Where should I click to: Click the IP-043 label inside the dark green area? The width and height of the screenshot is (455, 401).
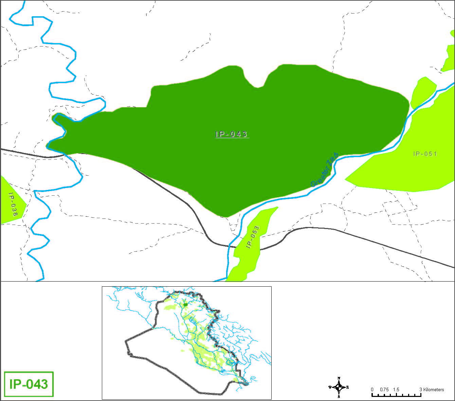point(231,134)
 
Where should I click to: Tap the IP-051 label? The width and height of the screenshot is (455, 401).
point(425,154)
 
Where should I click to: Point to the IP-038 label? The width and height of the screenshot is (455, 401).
point(12,204)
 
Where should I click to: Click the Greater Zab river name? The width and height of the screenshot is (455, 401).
point(325,170)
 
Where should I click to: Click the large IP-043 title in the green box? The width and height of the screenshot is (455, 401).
point(29,384)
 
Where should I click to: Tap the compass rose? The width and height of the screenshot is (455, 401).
point(339,387)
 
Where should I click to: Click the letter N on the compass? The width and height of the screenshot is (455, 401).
point(339,378)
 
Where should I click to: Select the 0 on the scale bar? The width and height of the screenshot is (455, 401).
point(372,389)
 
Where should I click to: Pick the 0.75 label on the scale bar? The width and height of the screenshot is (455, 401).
point(384,389)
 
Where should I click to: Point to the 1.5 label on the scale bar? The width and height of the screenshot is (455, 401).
point(397,389)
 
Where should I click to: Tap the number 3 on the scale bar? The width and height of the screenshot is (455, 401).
point(421,389)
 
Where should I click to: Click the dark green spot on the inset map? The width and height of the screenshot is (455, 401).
point(185,305)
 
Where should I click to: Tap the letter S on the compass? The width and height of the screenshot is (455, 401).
point(339,396)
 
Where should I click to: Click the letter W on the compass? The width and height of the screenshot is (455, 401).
point(330,387)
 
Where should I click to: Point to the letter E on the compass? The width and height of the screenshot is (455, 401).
point(348,387)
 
